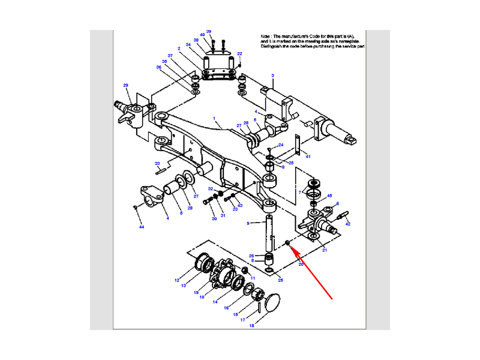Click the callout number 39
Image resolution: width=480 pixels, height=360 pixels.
[209, 31]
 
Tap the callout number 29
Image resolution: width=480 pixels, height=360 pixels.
[126, 85]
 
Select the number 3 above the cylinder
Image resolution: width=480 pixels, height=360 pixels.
[272, 76]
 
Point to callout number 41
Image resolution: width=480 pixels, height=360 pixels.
[308, 156]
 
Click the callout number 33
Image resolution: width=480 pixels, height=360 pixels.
[157, 163]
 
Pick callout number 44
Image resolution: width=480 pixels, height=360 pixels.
[142, 227]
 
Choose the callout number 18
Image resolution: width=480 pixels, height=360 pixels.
[252, 326]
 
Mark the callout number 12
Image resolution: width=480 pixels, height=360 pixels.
[177, 280]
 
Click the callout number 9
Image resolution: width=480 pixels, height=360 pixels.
[248, 223]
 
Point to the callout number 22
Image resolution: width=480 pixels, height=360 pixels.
[239, 54]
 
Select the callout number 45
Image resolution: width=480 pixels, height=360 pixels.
[329, 196]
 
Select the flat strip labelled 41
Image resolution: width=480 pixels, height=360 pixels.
[296, 146]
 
